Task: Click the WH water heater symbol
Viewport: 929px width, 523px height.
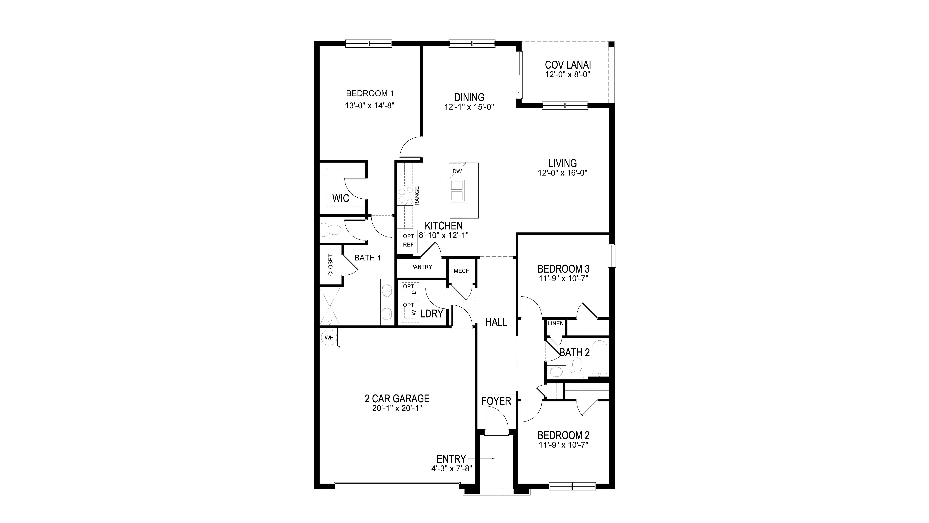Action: pyautogui.click(x=329, y=337)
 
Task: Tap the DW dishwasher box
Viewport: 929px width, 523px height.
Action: pyautogui.click(x=457, y=171)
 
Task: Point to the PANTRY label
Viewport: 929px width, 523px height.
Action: pyautogui.click(x=421, y=267)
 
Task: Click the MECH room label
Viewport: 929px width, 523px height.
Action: pyautogui.click(x=461, y=271)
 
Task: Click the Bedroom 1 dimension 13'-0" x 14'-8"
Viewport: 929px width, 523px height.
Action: pyautogui.click(x=370, y=106)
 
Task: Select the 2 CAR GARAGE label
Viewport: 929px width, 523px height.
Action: pyautogui.click(x=397, y=398)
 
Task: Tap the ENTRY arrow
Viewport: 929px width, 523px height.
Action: pyautogui.click(x=487, y=458)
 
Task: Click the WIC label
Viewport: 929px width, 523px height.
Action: pyautogui.click(x=340, y=198)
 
